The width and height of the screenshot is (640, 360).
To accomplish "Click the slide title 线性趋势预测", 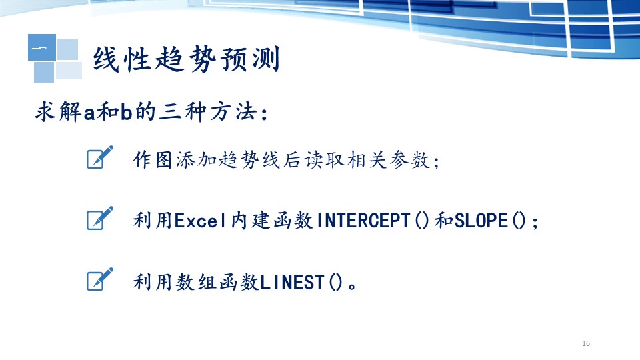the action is point(187,59).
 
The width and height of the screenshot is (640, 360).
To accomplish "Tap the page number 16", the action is point(586,343).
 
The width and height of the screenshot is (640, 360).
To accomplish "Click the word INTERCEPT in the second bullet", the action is point(363,221).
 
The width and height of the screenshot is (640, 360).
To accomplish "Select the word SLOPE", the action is point(481,221).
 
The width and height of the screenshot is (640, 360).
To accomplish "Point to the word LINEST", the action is point(292,282).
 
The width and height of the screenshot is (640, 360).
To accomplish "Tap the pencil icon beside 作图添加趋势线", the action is point(100,157).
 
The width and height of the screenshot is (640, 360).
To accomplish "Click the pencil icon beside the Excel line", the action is point(100,218).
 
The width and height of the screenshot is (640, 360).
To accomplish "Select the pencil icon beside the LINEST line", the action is point(100,279).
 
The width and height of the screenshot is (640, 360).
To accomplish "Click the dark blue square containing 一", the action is point(42,47).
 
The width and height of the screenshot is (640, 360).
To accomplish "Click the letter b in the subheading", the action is point(126,112).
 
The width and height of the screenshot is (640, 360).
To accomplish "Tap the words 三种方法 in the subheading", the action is point(208,112).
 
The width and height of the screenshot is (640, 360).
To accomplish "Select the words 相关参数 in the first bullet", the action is point(388,159).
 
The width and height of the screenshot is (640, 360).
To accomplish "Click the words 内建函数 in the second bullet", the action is point(271,221).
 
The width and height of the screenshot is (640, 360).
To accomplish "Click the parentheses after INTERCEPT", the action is point(422,221).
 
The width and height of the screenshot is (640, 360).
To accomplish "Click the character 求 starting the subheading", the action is point(46,112).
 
